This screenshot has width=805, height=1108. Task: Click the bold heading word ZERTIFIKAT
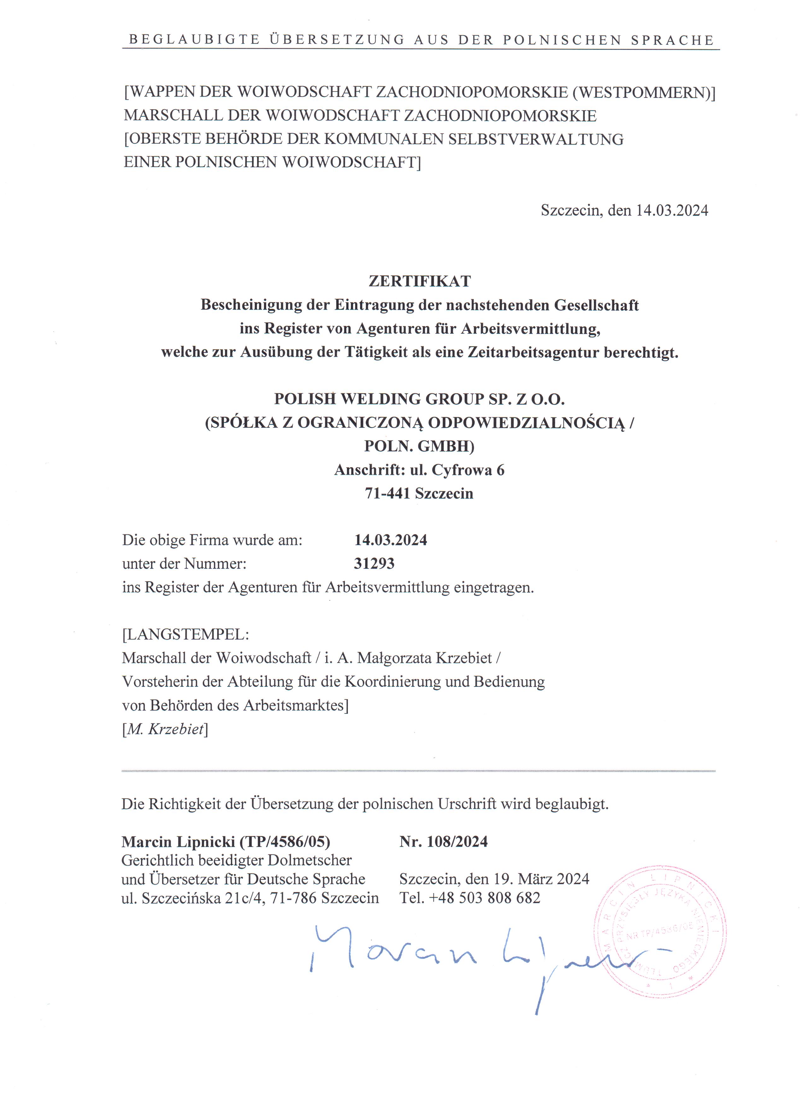click(x=419, y=281)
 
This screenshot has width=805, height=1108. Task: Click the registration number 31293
click(x=374, y=564)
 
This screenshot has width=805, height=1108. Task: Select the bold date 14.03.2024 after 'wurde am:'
click(x=391, y=540)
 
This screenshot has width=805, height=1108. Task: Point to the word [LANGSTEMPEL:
click(x=185, y=634)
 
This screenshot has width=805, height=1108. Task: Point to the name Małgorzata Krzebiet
click(x=424, y=658)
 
